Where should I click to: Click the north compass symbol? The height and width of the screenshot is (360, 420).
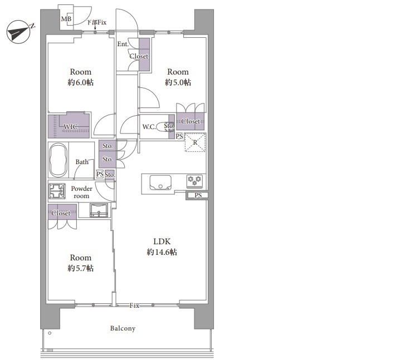tap(18, 32)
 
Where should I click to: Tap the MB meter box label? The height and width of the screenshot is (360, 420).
tap(66, 19)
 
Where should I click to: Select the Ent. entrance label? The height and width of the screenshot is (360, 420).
tap(123, 44)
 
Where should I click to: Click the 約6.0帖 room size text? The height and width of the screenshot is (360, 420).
tap(81, 82)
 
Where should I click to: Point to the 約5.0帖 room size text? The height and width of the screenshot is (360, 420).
tap(178, 82)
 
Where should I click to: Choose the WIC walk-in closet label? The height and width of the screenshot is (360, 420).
tap(71, 127)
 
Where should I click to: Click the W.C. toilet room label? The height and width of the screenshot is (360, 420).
tap(149, 127)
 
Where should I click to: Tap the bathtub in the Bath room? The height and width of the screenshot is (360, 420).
tap(58, 160)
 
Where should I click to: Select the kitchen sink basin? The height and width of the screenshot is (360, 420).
tap(160, 183)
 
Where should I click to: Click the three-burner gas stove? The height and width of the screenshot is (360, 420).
tap(195, 180)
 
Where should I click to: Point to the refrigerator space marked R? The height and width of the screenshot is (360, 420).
tap(196, 142)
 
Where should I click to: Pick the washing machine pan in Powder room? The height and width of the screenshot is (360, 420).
tap(57, 191)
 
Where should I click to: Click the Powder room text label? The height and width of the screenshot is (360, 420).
tap(81, 192)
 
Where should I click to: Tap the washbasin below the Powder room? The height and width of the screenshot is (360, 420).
tap(99, 210)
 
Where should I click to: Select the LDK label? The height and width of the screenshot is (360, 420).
tap(162, 241)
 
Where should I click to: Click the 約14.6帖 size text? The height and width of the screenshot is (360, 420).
tap(162, 252)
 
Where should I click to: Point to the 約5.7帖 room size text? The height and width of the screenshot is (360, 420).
tap(81, 268)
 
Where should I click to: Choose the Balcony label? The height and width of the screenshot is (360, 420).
tap(123, 328)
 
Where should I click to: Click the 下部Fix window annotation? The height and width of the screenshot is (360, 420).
tap(96, 22)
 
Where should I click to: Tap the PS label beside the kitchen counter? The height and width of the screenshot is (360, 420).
tap(198, 195)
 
